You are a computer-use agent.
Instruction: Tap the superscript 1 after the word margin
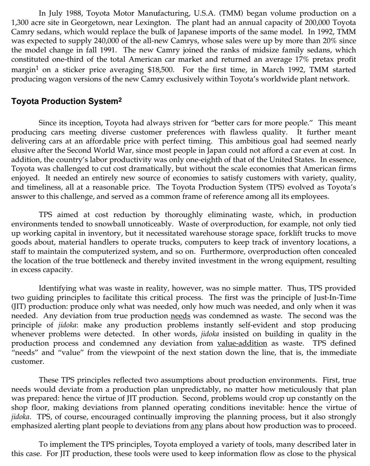[x=32, y=67]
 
